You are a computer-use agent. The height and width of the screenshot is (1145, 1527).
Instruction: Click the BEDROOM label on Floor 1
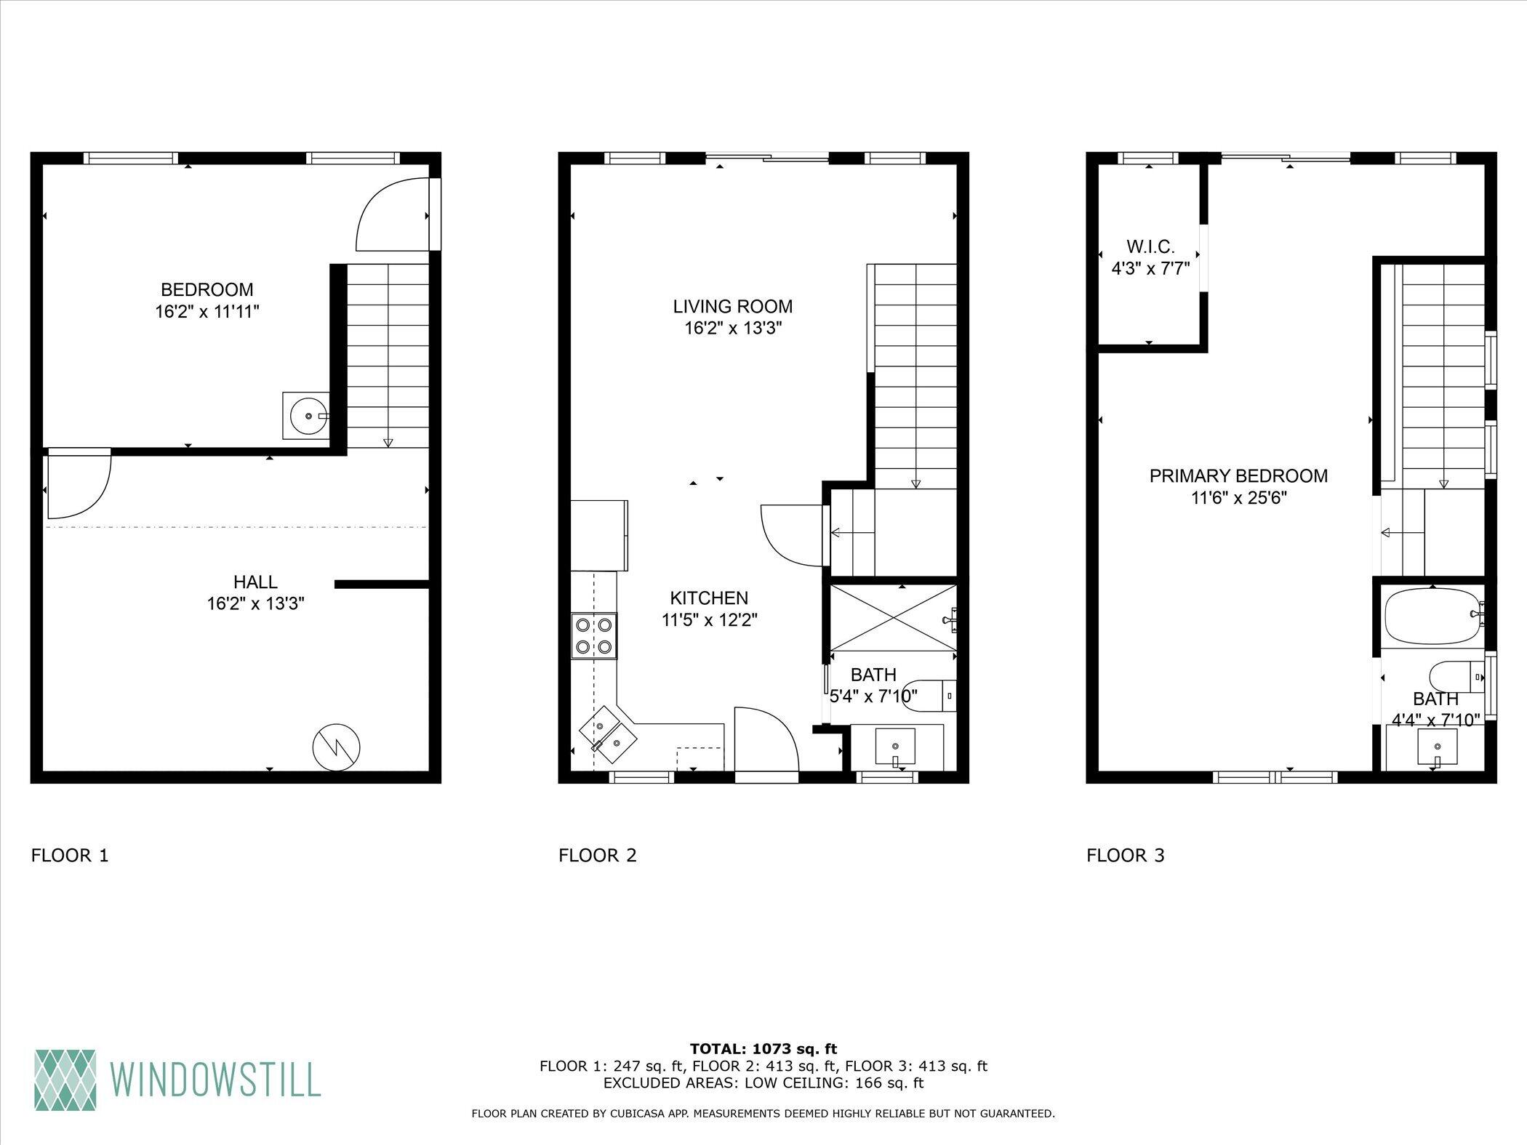(x=207, y=289)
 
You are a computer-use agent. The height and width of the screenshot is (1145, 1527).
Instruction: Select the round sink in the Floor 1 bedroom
(x=306, y=416)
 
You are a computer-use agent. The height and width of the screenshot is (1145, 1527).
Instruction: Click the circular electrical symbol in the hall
(x=337, y=746)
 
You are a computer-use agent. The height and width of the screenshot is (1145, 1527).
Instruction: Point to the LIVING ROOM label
(x=732, y=306)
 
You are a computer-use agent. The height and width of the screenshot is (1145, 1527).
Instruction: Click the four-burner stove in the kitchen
(x=593, y=635)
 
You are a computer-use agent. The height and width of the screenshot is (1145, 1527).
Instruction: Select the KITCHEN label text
(x=709, y=598)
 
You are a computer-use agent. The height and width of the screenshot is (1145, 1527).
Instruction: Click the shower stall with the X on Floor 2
(x=893, y=618)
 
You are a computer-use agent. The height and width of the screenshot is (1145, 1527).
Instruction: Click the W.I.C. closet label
(x=1150, y=246)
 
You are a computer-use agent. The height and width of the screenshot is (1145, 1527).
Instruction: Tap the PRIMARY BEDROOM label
(x=1238, y=476)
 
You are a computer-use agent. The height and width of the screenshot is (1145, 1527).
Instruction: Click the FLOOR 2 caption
(x=598, y=855)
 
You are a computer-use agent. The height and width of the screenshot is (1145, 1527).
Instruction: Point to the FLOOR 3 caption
(x=1126, y=855)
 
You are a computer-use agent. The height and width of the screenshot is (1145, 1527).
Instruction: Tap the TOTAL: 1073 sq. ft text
(x=763, y=1048)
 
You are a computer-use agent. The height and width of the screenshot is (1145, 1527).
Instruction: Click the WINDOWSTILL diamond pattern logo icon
(x=65, y=1082)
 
